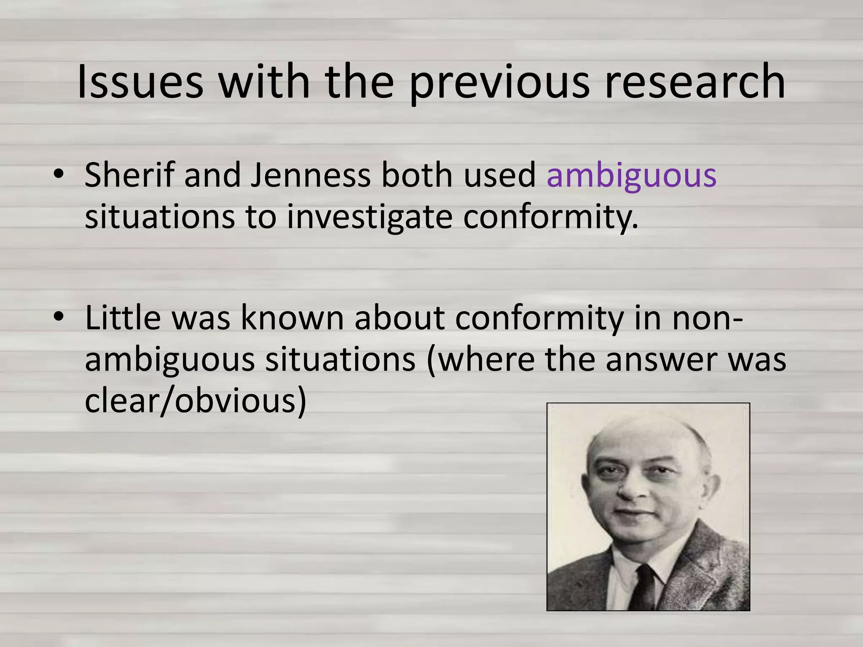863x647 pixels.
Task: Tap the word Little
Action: click(x=123, y=318)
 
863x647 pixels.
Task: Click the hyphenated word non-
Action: click(x=708, y=318)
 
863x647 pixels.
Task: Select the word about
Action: click(x=399, y=318)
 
